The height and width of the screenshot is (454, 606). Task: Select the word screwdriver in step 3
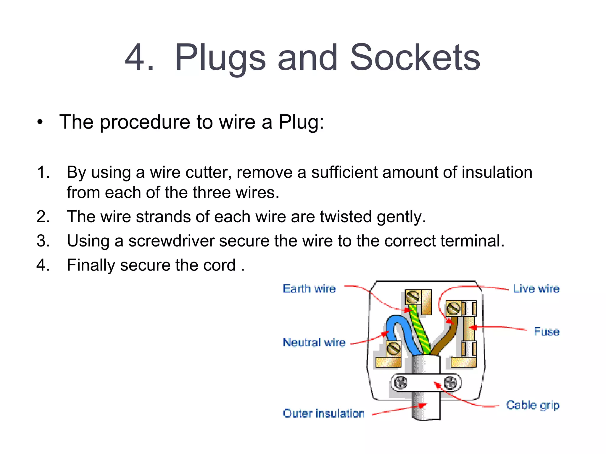(171, 241)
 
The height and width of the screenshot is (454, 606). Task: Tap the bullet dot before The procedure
(40, 122)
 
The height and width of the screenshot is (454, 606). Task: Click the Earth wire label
(309, 288)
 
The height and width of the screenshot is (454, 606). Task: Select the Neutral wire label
(314, 342)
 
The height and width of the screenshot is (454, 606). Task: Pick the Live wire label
(536, 288)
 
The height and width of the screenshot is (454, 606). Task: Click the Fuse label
(547, 331)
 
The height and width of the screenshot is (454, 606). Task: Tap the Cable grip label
(533, 405)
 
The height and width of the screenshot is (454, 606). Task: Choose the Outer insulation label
(323, 413)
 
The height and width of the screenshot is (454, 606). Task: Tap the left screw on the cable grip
(401, 383)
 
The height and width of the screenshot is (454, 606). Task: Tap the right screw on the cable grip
(450, 383)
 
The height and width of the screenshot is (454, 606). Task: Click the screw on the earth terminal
(412, 297)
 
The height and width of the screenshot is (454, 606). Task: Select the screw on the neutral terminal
(394, 348)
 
